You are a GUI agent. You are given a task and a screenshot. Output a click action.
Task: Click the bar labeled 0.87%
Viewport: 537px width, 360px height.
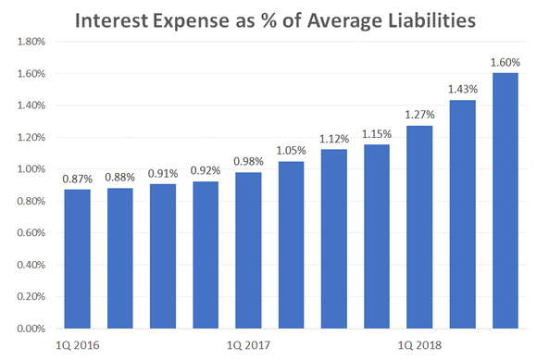pos(77,259)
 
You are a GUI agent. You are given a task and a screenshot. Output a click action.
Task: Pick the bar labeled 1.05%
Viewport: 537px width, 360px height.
pos(291,244)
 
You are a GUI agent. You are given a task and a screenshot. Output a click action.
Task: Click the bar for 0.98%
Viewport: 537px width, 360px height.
pos(248,250)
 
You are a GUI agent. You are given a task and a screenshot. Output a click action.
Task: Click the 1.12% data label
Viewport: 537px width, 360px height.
pos(334,139)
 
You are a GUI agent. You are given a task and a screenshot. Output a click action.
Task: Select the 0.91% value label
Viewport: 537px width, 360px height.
pos(163,172)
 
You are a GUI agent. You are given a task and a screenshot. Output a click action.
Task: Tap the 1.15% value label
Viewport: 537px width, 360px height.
pos(377,134)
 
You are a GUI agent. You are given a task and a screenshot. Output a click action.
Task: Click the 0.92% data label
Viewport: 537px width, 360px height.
pos(206,170)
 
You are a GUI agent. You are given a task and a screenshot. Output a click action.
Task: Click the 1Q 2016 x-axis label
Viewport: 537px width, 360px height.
pos(77,345)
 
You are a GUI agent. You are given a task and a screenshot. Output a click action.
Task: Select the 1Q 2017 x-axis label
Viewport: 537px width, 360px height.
pos(248,345)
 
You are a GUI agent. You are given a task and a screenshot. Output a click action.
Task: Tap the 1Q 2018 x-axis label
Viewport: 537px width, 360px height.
pos(419,345)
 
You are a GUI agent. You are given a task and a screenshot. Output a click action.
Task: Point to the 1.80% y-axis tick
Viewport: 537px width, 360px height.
pos(31,42)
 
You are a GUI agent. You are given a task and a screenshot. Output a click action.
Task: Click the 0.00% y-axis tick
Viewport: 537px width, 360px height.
pos(31,329)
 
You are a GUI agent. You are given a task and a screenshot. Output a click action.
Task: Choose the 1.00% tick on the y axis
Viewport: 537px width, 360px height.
pos(31,169)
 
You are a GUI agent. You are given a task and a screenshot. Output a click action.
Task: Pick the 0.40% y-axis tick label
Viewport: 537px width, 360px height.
pos(31,265)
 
